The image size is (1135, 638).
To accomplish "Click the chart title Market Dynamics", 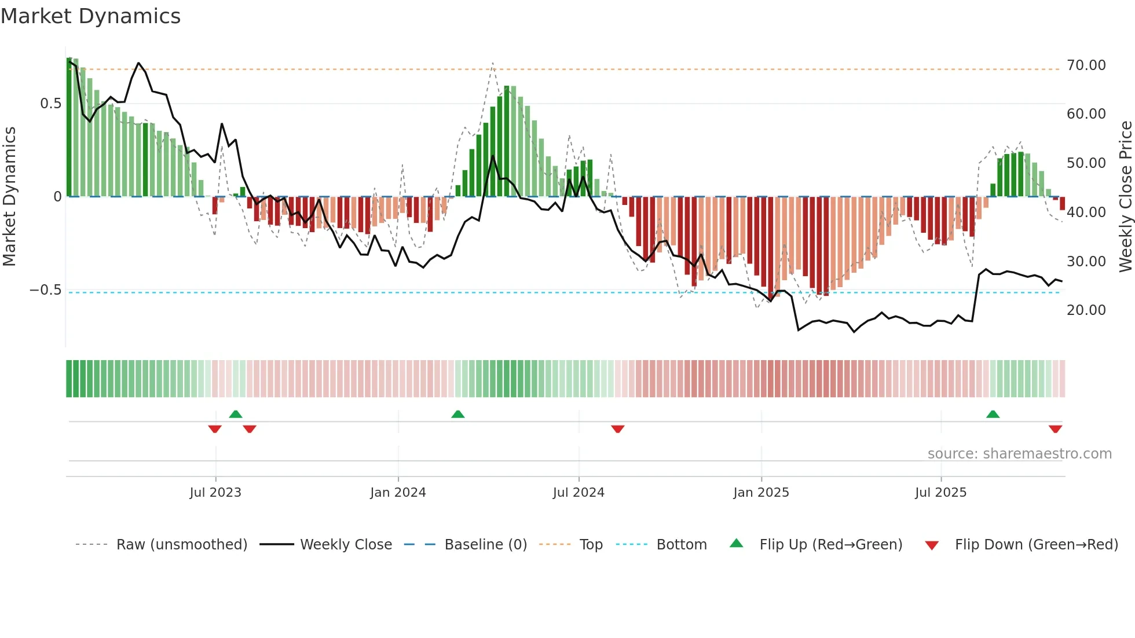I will click(x=91, y=16).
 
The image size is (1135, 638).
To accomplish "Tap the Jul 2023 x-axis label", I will click(x=215, y=493).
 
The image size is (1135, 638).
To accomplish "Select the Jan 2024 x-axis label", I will click(x=398, y=493).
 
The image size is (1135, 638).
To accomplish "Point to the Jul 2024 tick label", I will click(x=579, y=493).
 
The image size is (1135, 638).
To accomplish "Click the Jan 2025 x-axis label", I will click(x=761, y=493).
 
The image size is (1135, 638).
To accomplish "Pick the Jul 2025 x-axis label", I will click(x=940, y=493).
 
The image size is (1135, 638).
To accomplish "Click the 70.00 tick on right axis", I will click(x=1086, y=65).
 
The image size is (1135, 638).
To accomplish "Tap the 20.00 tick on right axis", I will click(x=1086, y=310).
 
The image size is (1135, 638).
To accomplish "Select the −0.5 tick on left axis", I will click(x=46, y=290).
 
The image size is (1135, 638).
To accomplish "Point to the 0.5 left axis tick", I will click(x=50, y=104).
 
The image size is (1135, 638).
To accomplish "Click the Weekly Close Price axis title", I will click(x=1125, y=196).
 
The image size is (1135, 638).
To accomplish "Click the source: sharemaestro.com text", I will click(x=1019, y=454).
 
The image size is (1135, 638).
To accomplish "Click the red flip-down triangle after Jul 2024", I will click(x=618, y=429).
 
